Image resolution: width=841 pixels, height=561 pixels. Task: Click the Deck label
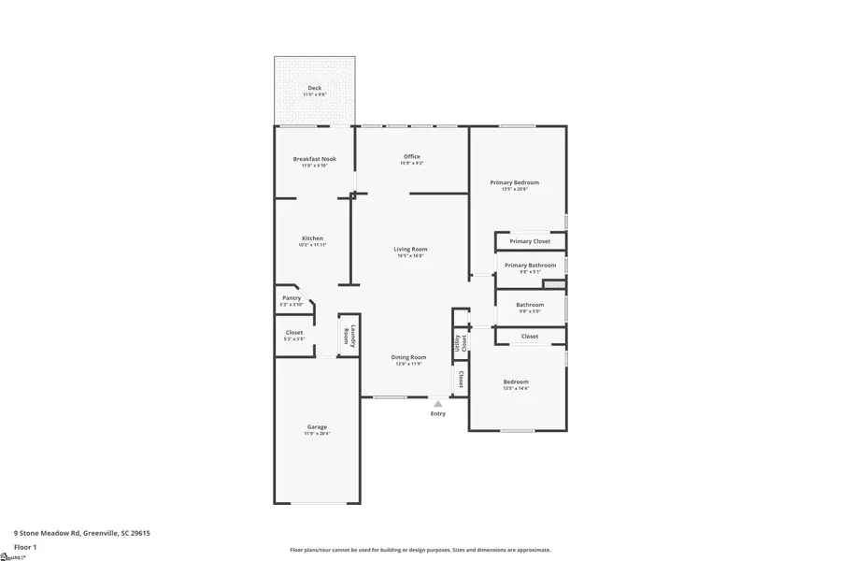314,88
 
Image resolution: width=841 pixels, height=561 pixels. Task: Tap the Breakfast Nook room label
314,159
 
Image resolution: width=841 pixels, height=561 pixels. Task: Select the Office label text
411,156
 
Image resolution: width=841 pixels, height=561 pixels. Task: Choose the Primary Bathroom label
530,266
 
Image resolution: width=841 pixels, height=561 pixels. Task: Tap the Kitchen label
312,238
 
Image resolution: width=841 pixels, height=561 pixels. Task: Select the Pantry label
291,298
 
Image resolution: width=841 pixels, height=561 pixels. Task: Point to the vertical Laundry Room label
348,335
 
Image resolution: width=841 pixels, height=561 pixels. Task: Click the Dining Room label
408,357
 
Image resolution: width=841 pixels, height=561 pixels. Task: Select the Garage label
316,427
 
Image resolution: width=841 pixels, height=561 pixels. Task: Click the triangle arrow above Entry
437,403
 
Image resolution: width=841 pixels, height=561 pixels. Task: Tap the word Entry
437,413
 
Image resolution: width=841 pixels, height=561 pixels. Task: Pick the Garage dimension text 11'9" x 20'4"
316,434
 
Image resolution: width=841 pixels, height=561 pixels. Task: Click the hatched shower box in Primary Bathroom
554,283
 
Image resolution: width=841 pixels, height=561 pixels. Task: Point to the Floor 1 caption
25,546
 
